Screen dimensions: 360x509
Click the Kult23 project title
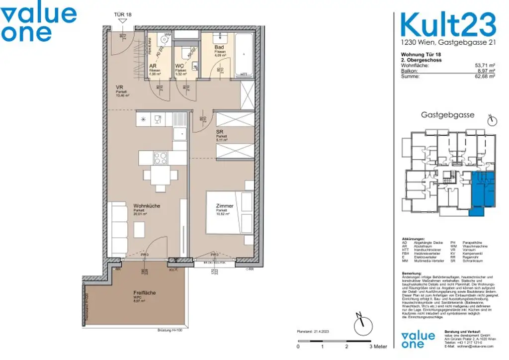tap(448, 25)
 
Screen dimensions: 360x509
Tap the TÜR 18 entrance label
tap(123, 15)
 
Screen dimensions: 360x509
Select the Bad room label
tap(219, 47)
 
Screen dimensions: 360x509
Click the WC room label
tap(179, 66)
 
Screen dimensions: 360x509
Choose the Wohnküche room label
tap(146, 206)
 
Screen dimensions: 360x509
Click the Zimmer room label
tap(224, 206)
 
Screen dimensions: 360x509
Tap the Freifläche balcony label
tap(144, 293)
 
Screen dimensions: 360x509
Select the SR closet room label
tap(219, 132)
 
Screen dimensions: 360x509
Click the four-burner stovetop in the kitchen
tap(161, 158)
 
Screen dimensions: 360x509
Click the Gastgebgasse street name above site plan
tap(448, 114)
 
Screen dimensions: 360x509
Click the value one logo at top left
tap(39, 23)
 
